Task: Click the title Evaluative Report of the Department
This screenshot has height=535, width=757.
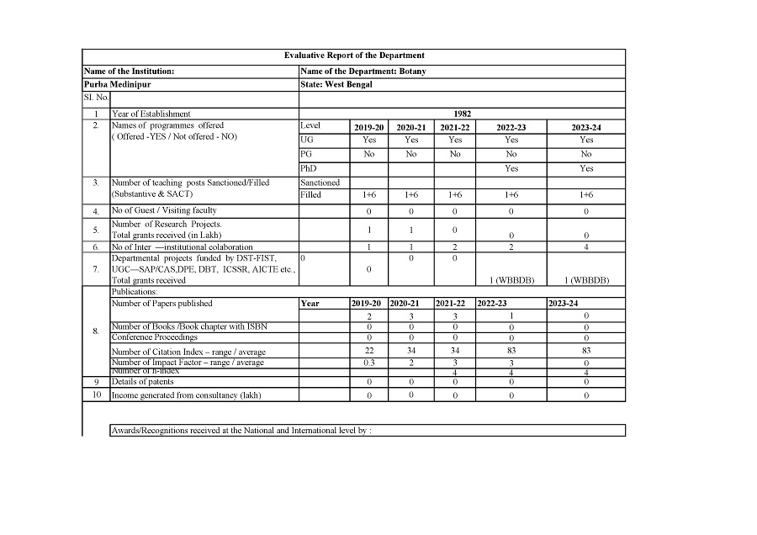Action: (x=354, y=56)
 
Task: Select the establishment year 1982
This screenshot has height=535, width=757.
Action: (x=462, y=113)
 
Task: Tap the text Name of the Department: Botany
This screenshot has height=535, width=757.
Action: (x=363, y=72)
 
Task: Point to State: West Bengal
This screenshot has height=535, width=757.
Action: (x=336, y=84)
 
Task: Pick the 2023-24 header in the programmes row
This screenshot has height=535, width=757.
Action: (x=586, y=127)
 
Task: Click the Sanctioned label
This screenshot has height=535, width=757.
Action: (x=320, y=182)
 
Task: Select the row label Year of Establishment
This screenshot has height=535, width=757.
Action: (x=151, y=114)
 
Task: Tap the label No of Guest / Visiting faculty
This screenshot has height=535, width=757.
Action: (x=164, y=210)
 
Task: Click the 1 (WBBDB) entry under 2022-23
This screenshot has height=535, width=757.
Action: (x=511, y=280)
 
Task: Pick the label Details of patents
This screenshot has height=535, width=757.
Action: (x=143, y=382)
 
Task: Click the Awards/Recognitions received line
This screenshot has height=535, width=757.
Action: (x=241, y=431)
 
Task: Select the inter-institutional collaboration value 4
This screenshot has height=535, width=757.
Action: (x=586, y=247)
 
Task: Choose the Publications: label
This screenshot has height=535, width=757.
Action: (x=135, y=291)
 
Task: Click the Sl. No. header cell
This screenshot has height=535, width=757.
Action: (x=96, y=98)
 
